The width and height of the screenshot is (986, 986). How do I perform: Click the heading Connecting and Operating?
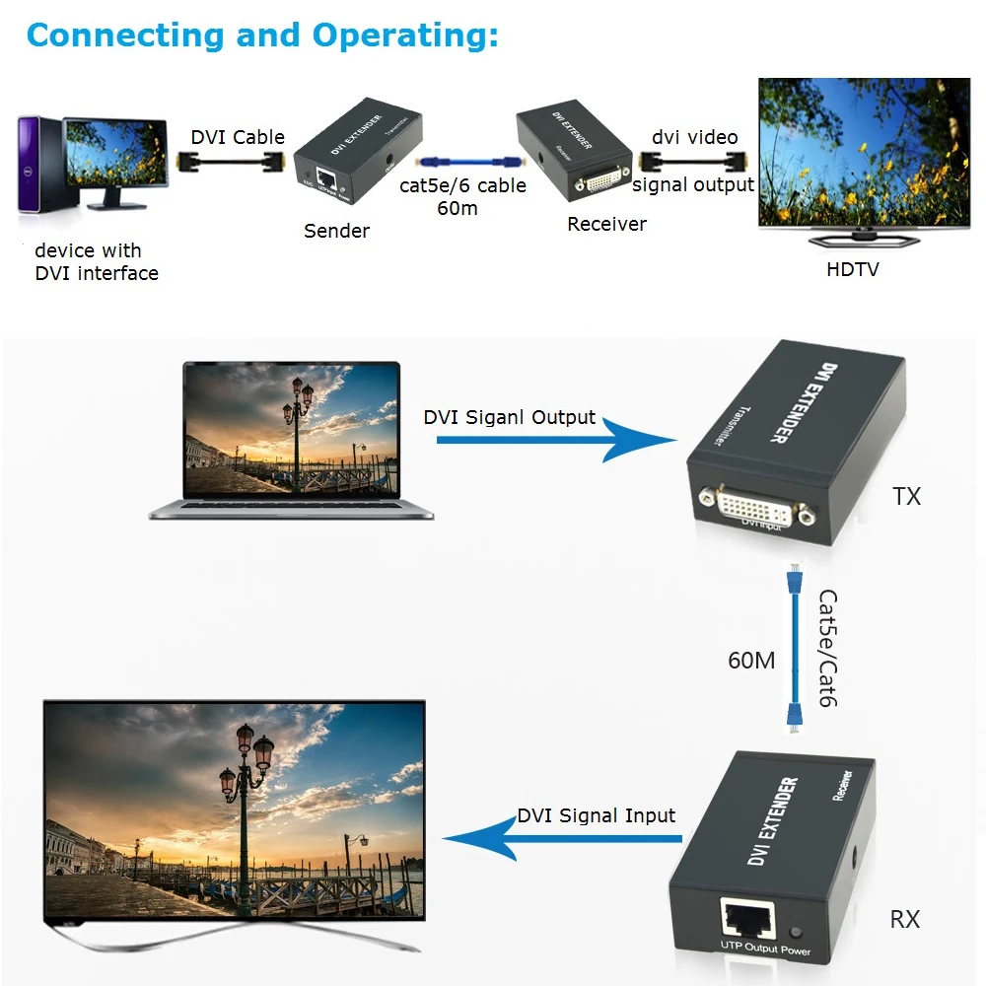click(262, 35)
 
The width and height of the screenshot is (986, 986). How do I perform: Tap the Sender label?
click(336, 231)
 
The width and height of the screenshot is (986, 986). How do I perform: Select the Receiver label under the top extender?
click(606, 224)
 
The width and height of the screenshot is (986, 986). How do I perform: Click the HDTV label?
click(852, 268)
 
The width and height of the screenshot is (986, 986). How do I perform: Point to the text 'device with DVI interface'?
click(96, 262)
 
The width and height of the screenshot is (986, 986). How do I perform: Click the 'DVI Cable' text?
click(238, 137)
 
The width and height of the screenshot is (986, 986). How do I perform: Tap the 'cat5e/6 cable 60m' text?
click(462, 196)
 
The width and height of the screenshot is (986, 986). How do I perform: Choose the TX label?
click(906, 496)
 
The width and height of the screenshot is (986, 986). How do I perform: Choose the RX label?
click(904, 919)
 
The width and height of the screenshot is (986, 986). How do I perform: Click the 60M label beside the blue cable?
click(751, 660)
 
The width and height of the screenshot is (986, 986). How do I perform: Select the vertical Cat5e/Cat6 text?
click(827, 648)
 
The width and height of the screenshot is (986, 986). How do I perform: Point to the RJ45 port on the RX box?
click(748, 920)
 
